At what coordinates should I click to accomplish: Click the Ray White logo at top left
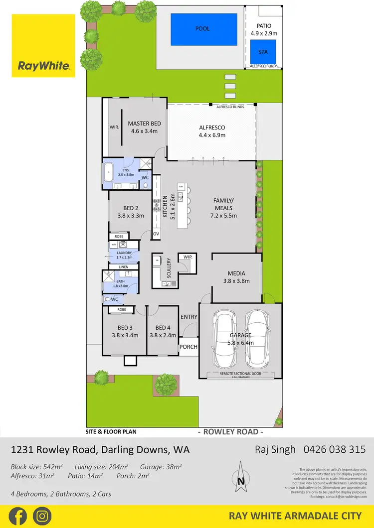(x=43, y=46)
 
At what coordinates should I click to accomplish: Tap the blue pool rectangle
(x=203, y=29)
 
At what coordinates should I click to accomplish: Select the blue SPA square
(x=263, y=52)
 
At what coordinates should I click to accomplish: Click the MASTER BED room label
(x=144, y=128)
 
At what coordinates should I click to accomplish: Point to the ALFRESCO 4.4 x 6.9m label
(x=212, y=131)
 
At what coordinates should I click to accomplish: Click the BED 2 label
(x=131, y=213)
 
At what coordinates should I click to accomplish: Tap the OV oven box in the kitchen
(x=156, y=234)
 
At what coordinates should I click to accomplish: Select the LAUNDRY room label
(x=124, y=256)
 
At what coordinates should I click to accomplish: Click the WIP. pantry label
(x=187, y=257)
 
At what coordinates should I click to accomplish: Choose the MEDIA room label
(x=236, y=277)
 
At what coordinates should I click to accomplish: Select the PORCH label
(x=188, y=347)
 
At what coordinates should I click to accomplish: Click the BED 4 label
(x=163, y=331)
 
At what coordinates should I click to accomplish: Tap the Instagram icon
(x=42, y=516)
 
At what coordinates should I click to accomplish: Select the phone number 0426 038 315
(x=335, y=449)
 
